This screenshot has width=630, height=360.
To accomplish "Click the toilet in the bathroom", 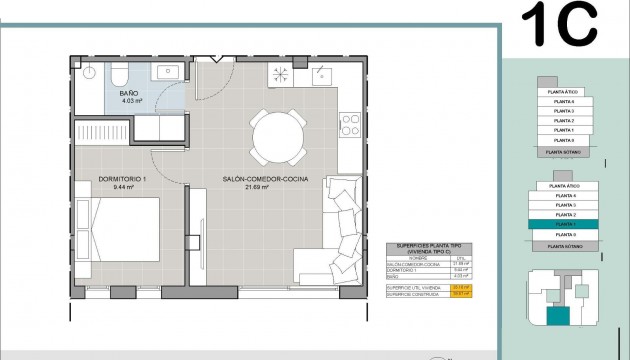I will (x=118, y=76).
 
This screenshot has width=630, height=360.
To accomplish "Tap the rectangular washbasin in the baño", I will (x=166, y=71).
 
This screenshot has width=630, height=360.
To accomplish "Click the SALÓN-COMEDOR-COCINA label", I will (x=265, y=179).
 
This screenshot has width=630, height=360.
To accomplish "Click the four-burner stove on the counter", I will (x=350, y=124).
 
